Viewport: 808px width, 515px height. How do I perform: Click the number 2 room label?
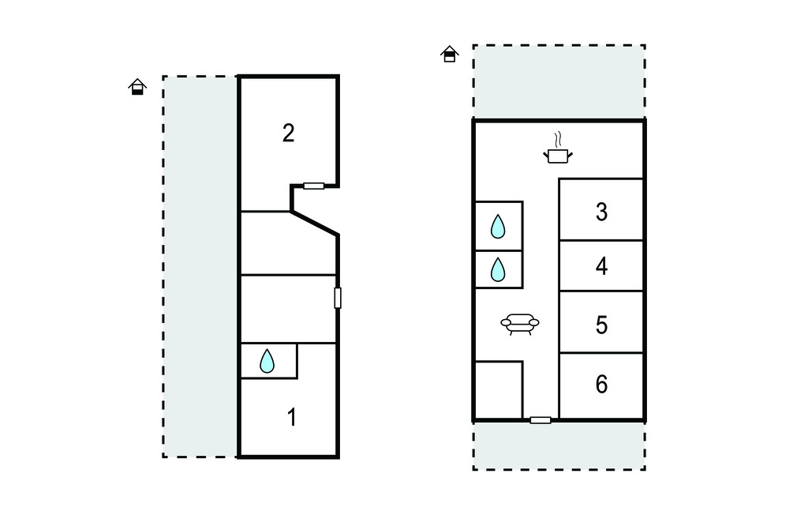coord(288,133)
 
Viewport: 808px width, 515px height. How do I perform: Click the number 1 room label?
coord(292,418)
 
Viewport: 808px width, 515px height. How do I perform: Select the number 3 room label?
coord(601,212)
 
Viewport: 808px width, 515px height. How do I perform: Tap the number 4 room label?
coord(601,266)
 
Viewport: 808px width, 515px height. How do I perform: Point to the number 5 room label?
coord(601,325)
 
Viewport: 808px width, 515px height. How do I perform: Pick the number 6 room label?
coord(601,385)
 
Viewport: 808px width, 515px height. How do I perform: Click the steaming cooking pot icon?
coord(558,148)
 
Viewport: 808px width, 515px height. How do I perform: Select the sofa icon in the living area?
coord(520,324)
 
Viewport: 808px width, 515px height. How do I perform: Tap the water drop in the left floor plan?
coord(267,361)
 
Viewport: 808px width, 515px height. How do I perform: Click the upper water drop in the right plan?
coord(498,226)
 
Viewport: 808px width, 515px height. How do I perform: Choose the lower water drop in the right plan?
coord(498,269)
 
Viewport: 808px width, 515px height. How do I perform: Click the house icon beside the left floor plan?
coord(137,87)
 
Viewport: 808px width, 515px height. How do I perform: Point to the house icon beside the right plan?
coord(449,54)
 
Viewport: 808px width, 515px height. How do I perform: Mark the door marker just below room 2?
coord(313,186)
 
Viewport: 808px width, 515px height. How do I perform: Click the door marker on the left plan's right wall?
coord(338,299)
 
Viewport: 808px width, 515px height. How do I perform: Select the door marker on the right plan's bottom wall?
coord(541,420)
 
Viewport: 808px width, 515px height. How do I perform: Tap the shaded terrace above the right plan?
coord(559,82)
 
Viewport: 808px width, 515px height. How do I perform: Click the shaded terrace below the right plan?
coord(559,445)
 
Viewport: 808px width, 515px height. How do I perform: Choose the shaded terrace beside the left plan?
coord(200,266)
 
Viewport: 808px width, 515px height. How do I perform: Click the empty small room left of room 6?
coord(499,390)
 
